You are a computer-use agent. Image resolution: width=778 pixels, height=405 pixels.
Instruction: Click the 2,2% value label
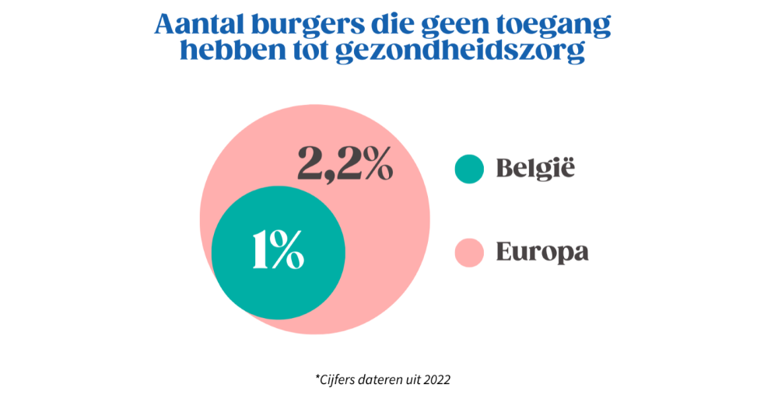[x=345, y=162]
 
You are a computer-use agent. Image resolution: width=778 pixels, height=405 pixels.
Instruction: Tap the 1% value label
[x=278, y=250]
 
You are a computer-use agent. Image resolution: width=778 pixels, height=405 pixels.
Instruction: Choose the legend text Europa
[x=541, y=253]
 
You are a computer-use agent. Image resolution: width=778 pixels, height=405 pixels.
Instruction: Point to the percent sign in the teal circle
[x=288, y=250]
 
